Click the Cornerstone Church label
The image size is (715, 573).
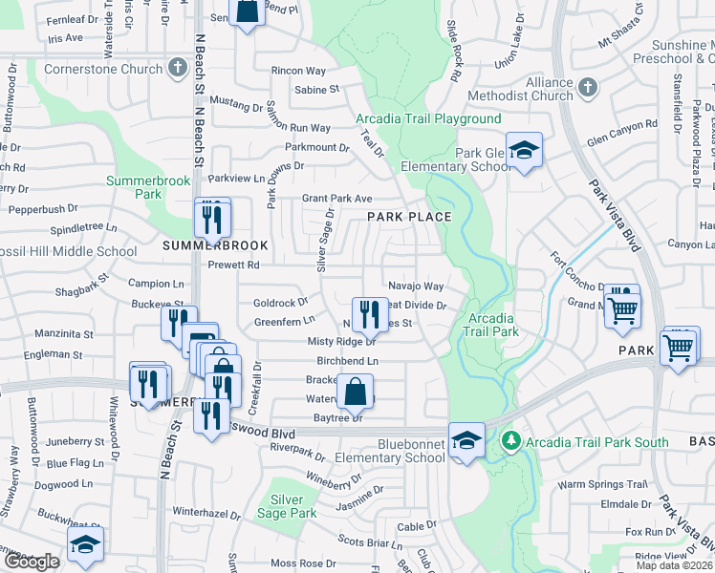(103, 69)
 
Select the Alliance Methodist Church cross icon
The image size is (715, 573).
(587, 88)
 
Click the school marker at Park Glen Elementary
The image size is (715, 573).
(524, 151)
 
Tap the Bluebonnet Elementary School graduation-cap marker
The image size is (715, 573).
(466, 440)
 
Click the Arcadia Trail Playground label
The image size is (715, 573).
(428, 119)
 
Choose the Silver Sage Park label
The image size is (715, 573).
(287, 506)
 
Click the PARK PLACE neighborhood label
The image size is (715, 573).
(409, 218)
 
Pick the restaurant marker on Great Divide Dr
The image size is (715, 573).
(369, 313)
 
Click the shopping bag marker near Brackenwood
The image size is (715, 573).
(355, 392)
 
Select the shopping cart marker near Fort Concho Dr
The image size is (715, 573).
(622, 308)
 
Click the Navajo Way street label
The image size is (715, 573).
(416, 286)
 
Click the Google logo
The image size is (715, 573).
(31, 561)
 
